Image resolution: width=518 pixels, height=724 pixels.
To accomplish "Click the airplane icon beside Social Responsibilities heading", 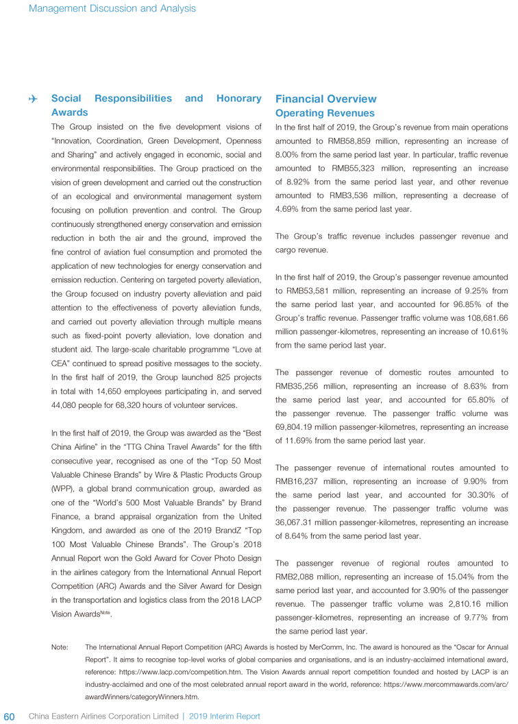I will [x=33, y=99].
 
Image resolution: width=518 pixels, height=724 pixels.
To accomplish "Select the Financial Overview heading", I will [x=325, y=99].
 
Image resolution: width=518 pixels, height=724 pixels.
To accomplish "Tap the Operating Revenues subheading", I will [x=324, y=113].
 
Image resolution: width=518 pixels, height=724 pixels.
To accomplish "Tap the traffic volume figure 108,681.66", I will [x=479, y=318].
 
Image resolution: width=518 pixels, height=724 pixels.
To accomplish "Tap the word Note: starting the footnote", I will [x=60, y=647].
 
